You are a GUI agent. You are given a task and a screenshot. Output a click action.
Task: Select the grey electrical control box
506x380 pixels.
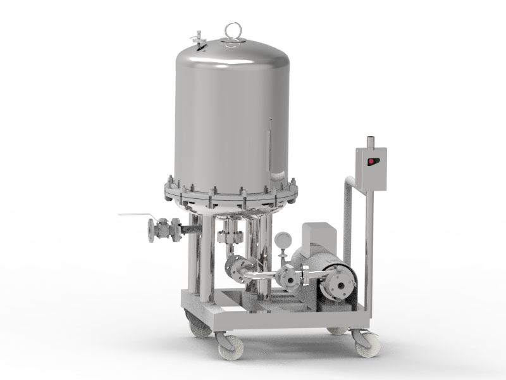371,168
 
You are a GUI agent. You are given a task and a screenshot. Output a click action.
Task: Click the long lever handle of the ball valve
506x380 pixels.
135,215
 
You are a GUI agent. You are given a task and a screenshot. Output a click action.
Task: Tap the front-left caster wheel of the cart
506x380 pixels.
226,345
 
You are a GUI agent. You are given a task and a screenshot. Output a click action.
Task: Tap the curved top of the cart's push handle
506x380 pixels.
350,184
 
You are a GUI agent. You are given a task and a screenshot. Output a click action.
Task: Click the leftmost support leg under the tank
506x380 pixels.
195,253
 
